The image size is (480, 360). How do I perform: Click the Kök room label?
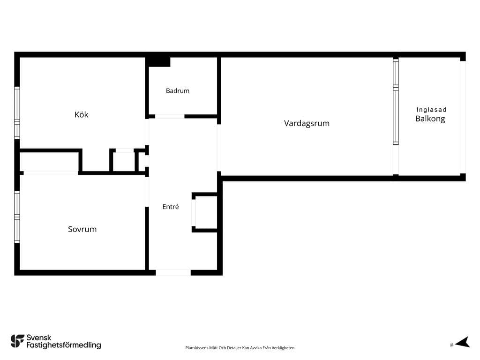click(82, 114)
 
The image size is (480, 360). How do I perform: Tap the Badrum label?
click(178, 90)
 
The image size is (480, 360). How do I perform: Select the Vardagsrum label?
click(307, 123)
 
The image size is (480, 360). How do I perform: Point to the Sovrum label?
click(82, 229)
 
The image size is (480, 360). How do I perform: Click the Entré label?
click(171, 207)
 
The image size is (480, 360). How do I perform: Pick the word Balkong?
click(430, 119)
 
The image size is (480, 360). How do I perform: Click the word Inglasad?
click(431, 110)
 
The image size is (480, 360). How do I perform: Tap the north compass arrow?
click(463, 342)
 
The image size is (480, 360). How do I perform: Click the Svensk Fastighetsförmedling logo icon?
click(17, 341)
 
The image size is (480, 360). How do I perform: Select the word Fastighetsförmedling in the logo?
click(64, 345)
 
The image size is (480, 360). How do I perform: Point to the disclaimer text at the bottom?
click(240, 348)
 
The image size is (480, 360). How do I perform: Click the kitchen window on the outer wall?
click(17, 112)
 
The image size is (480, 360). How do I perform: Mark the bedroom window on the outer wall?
click(17, 217)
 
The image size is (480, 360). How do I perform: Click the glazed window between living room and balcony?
click(396, 102)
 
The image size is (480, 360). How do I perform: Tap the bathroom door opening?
click(170, 116)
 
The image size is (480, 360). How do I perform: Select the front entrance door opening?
click(173, 273)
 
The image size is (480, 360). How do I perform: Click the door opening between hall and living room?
click(219, 148)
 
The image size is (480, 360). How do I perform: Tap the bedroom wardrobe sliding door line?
click(51, 173)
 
